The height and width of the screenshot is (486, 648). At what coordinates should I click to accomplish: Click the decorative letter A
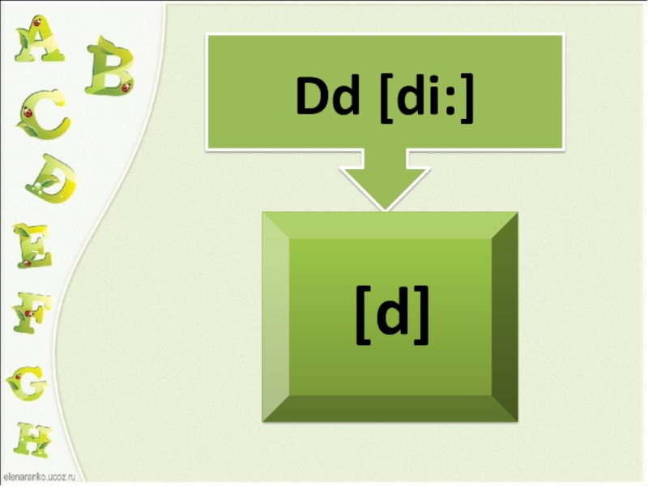click(38, 40)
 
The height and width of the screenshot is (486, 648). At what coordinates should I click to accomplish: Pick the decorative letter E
click(32, 245)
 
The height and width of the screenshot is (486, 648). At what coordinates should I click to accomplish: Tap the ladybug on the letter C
click(29, 114)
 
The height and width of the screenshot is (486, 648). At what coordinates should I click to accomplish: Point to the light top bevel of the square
click(390, 225)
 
